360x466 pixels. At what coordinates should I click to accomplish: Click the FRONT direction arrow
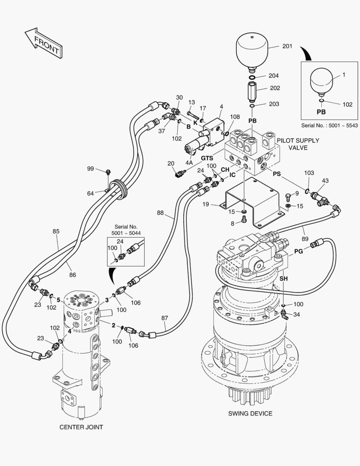coord(43,43)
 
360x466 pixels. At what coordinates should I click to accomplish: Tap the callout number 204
coord(274,76)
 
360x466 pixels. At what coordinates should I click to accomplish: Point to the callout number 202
coord(275,88)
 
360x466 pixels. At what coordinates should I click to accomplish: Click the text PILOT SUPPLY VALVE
coord(298,144)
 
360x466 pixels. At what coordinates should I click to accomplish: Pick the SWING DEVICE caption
coord(250,413)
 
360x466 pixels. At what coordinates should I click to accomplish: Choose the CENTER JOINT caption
coord(81,427)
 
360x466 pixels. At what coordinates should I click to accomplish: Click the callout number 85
coord(56,231)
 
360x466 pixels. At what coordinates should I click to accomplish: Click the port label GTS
coord(207,158)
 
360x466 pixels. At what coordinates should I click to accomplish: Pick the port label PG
coord(298,251)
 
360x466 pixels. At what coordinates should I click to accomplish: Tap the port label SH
coord(283,279)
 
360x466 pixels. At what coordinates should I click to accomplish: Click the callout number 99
coord(91,168)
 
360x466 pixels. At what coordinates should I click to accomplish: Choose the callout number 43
coord(325,180)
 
